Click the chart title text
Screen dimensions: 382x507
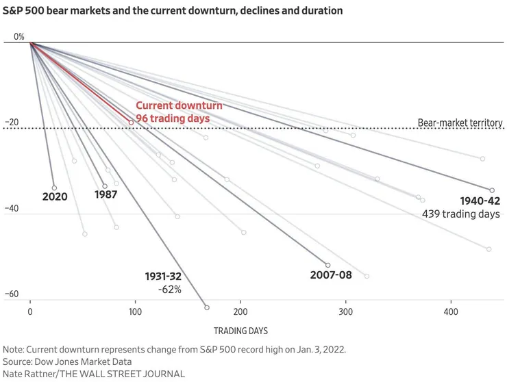coord(173,11)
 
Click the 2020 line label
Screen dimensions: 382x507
coord(53,196)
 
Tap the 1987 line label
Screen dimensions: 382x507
coord(106,194)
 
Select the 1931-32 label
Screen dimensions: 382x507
coord(163,277)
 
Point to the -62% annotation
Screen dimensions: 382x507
coord(169,290)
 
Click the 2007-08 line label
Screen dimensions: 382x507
coord(330,275)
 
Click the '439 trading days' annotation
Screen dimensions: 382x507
coord(461,214)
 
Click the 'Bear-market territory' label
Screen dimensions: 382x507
coord(460,123)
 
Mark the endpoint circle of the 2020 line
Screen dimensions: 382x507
coord(54,188)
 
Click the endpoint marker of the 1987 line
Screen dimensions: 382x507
coord(105,186)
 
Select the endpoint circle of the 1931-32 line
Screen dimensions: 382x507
coord(207,307)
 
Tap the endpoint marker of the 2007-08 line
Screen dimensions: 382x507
coord(327,265)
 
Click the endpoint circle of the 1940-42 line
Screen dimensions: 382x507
coord(492,190)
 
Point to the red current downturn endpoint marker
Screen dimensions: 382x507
coord(131,123)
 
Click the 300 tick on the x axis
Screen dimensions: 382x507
coord(345,312)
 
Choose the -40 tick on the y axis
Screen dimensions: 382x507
coord(12,209)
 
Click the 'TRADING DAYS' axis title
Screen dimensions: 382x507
coord(240,331)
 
